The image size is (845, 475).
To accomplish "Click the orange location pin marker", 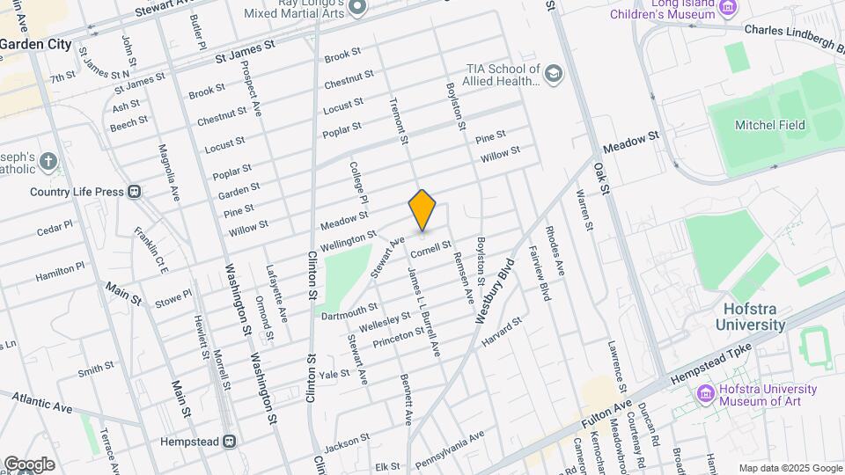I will [x=422, y=210].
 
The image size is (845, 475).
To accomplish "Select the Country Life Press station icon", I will [x=135, y=191].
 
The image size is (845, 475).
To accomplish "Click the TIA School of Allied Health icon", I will [x=553, y=72].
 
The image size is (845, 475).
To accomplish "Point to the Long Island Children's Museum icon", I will [x=727, y=7].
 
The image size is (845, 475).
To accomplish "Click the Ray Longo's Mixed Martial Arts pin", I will [x=357, y=7].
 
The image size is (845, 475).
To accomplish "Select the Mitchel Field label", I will [x=769, y=125].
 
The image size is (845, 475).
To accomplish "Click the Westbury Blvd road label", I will [x=494, y=291].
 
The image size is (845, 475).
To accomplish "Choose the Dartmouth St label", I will [x=349, y=311].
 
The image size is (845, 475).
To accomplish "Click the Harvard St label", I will [x=502, y=330].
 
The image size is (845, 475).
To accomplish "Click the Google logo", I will [x=29, y=464].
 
